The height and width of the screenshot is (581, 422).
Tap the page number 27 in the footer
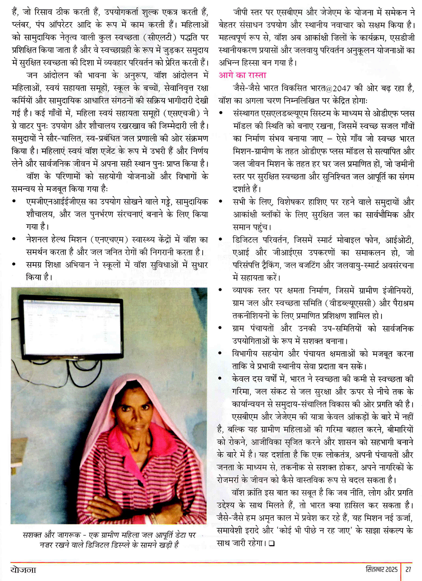(408, 569)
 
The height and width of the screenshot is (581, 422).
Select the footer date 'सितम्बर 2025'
(381, 569)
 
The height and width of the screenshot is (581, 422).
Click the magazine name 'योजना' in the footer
(23, 570)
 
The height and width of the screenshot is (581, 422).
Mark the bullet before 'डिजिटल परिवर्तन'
(221, 240)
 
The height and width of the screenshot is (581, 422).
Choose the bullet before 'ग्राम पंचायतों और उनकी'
(221, 329)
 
